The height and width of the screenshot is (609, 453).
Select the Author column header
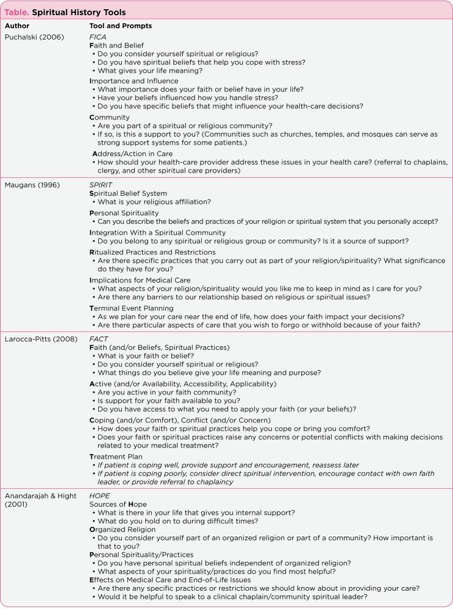tap(18, 26)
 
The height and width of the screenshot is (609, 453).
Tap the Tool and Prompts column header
tap(121, 26)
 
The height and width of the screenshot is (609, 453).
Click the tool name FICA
tap(98, 36)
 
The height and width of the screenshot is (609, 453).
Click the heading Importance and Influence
tap(134, 80)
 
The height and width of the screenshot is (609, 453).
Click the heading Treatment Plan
tap(116, 456)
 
